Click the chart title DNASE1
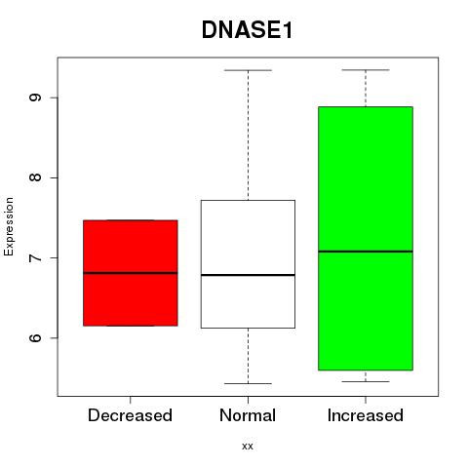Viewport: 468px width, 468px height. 247,30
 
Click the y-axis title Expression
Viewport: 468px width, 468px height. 9,226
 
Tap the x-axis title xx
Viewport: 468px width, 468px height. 248,447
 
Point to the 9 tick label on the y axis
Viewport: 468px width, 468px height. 35,97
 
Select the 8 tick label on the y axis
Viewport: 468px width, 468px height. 35,177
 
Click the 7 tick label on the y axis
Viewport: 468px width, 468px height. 35,257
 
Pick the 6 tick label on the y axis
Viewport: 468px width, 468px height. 35,337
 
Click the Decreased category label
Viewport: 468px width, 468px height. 130,415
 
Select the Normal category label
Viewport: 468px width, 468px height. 248,415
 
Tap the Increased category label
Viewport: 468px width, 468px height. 366,415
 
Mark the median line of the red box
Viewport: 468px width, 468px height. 131,273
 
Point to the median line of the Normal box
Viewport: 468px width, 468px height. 248,275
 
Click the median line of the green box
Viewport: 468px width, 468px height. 366,252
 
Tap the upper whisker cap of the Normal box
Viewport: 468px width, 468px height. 248,70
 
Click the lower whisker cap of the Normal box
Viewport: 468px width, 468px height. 248,383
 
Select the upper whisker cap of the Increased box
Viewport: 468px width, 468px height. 366,70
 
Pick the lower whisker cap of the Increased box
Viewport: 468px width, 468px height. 366,381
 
